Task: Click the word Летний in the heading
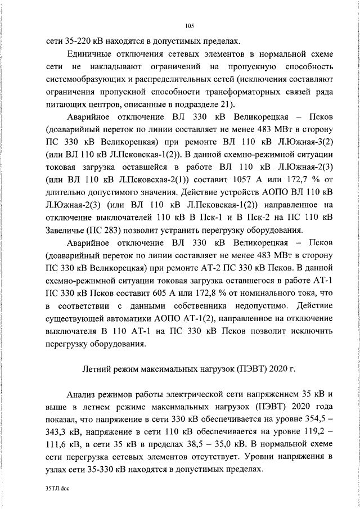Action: (98, 369)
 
